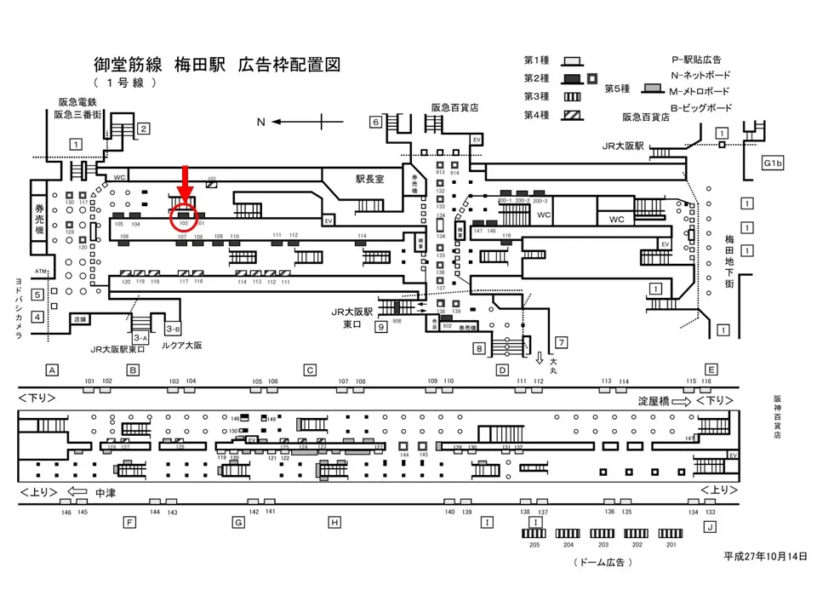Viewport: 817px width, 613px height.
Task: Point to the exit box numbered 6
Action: pyautogui.click(x=374, y=122)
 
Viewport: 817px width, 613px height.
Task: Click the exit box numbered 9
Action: pyautogui.click(x=381, y=326)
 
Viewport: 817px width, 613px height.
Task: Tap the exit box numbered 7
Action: pyautogui.click(x=560, y=341)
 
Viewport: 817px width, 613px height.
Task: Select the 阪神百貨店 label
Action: pyautogui.click(x=777, y=416)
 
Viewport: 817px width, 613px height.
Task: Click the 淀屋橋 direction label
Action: pyautogui.click(x=654, y=400)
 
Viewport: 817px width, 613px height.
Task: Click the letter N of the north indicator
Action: pyautogui.click(x=262, y=123)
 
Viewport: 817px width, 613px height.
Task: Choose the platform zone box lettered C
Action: pyautogui.click(x=311, y=370)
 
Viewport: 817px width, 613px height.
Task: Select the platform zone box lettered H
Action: pyautogui.click(x=334, y=522)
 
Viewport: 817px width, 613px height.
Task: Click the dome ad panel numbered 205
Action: pyautogui.click(x=534, y=533)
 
